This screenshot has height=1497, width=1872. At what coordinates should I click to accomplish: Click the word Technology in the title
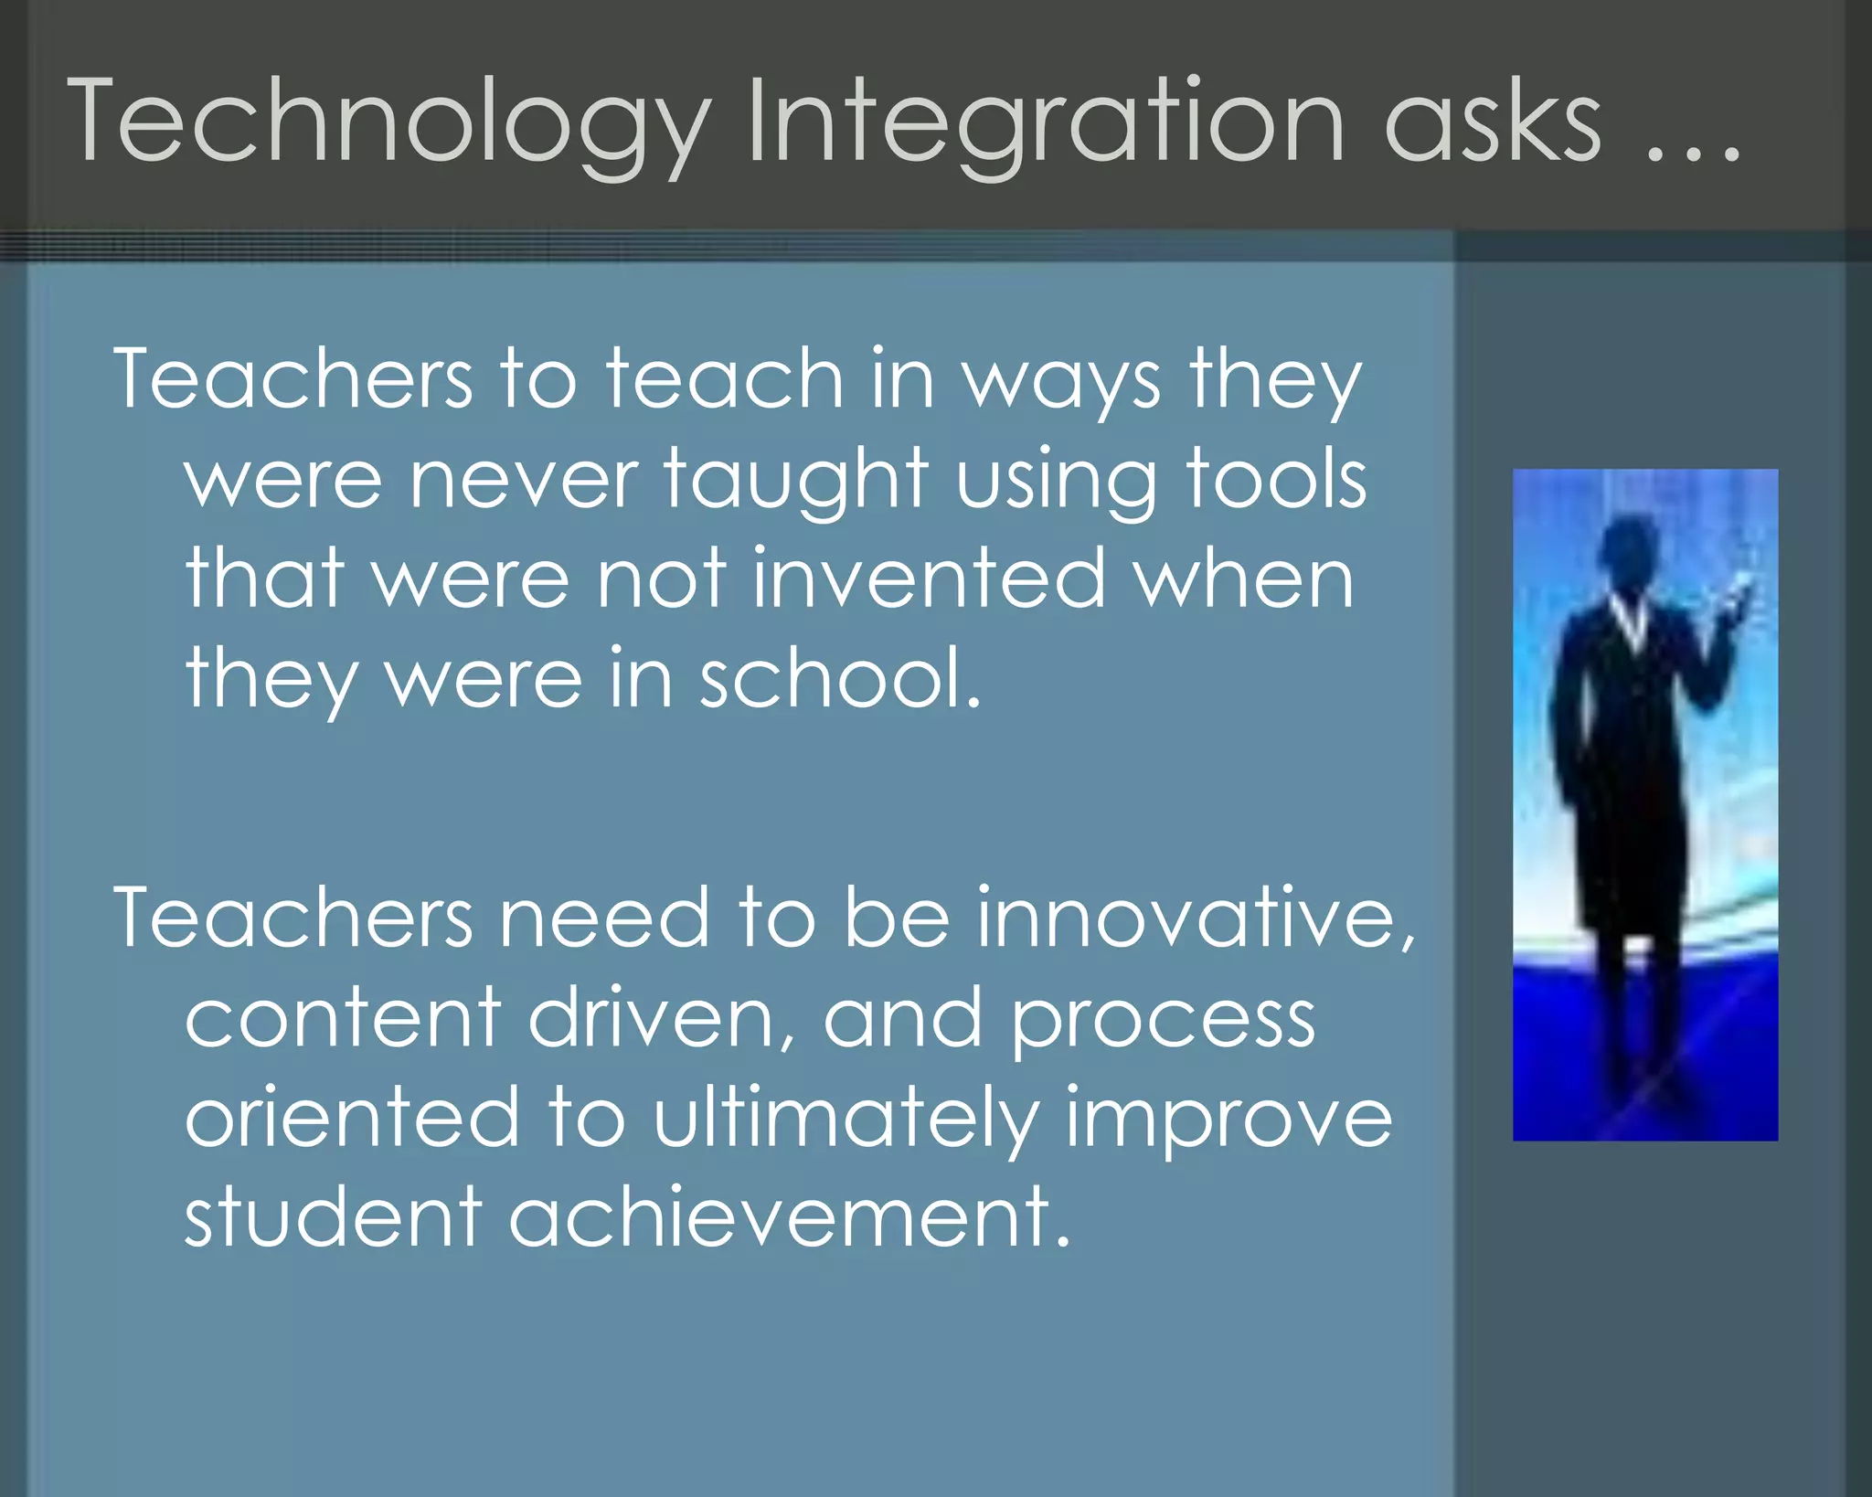coord(388,123)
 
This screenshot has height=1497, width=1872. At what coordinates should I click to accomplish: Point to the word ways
coord(1060,382)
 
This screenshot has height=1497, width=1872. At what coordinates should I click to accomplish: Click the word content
coord(343,1018)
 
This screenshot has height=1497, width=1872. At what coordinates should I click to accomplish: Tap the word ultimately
coord(846,1120)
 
